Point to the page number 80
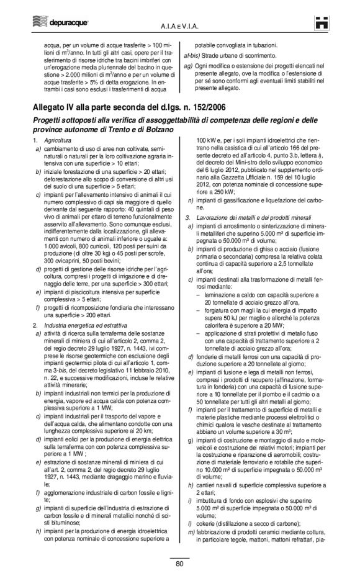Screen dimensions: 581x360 (x=179, y=564)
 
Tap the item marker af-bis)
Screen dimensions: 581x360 (x=187, y=55)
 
